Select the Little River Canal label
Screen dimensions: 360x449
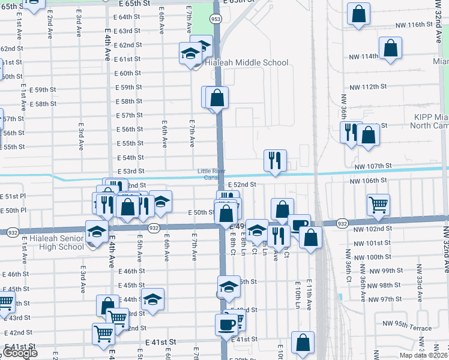click(x=209, y=173)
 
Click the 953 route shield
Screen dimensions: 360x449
click(x=215, y=19)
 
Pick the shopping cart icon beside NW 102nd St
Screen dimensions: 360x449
click(x=378, y=205)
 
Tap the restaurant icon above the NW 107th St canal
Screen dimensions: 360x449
click(x=275, y=160)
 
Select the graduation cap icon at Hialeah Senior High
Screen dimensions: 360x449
click(x=97, y=232)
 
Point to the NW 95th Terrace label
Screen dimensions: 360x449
click(x=411, y=328)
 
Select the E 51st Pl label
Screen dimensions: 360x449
click(x=14, y=196)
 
